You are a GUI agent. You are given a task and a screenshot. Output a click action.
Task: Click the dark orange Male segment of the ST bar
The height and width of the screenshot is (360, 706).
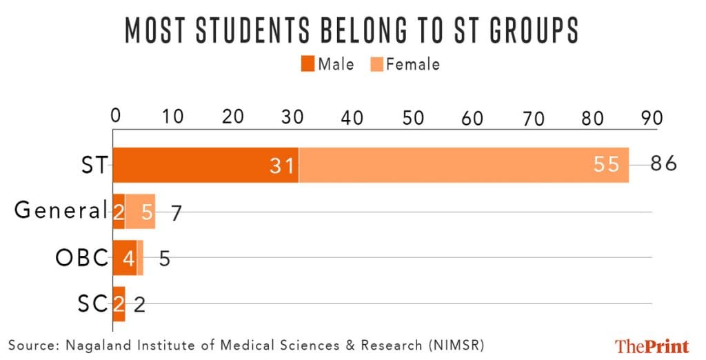pos(205,166)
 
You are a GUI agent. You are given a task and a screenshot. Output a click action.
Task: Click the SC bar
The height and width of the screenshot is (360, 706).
pos(119,303)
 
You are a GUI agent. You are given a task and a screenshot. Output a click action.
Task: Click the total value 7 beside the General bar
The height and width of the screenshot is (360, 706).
pos(176,212)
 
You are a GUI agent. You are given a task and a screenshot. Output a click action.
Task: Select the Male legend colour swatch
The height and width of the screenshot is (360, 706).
pos(307,65)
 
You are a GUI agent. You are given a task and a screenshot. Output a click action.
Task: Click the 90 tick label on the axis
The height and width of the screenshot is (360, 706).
pos(652,117)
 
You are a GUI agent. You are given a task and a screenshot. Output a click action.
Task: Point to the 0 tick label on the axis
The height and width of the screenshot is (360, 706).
pos(115,117)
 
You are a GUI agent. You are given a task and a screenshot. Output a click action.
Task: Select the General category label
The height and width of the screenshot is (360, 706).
pos(61,211)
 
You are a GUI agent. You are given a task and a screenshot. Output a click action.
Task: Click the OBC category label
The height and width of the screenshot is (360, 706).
pos(82,258)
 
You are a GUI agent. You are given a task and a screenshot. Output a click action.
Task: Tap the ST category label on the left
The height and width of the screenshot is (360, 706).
pos(94,166)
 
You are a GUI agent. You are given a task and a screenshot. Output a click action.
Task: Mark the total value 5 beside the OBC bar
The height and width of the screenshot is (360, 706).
pos(165,259)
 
